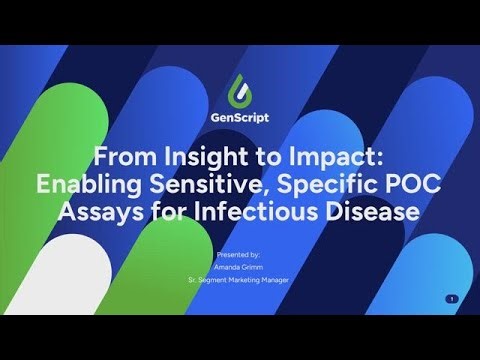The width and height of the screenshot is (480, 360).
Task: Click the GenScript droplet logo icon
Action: (239, 89)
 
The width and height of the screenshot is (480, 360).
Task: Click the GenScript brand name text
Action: (239, 117)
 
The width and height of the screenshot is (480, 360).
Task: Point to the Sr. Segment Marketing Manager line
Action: (239, 281)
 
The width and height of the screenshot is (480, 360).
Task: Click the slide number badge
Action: (452, 299)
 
